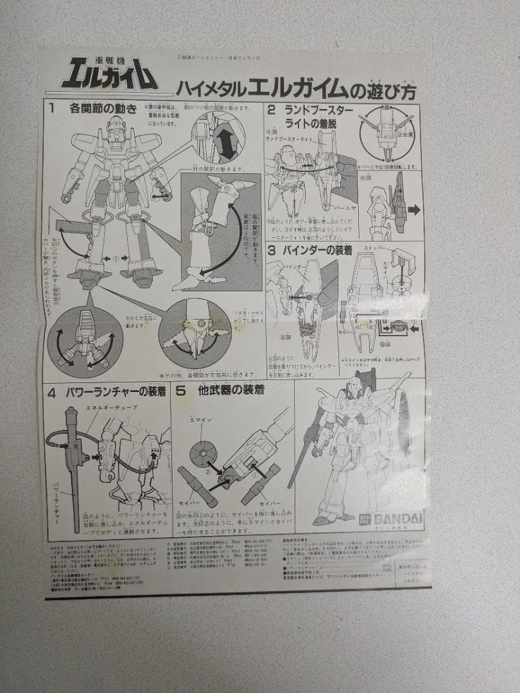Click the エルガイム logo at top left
(109, 73)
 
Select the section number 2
(272, 110)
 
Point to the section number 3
(272, 250)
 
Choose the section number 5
(181, 389)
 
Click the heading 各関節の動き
(103, 108)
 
